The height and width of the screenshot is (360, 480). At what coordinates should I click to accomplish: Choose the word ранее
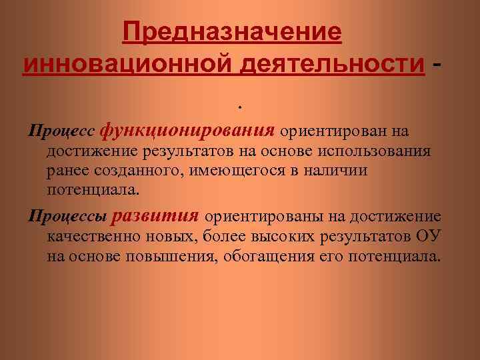point(67,171)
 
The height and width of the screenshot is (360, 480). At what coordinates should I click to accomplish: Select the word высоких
point(288,237)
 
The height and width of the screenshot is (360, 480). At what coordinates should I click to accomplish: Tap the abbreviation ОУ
point(427,237)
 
